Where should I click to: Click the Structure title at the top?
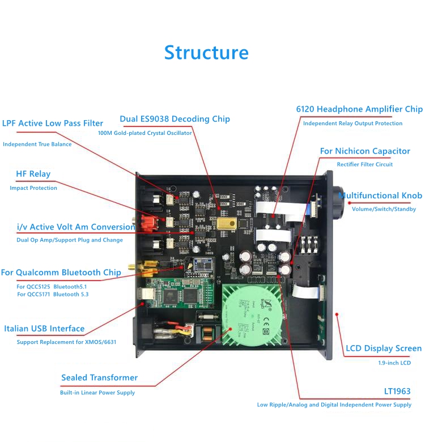[x=206, y=52]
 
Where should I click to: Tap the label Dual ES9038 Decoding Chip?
[x=175, y=119]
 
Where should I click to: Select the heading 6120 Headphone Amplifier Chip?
[x=359, y=109]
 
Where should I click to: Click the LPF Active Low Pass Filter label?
[x=53, y=123]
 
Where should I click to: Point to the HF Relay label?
[x=33, y=174]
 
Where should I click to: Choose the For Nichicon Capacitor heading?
[x=365, y=151]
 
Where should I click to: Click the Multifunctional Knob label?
[x=380, y=195]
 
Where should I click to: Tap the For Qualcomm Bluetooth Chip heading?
[x=61, y=273]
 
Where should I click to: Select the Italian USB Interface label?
[x=44, y=329]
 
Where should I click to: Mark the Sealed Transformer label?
[x=99, y=377]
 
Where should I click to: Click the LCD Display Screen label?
[x=384, y=348]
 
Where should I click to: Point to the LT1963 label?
[x=397, y=392]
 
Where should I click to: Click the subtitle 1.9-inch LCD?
[x=394, y=363]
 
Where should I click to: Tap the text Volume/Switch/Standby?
[x=384, y=209]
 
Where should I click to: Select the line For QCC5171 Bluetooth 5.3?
[x=53, y=294]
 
